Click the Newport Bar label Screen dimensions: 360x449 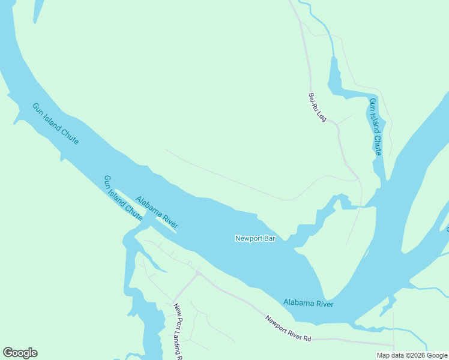point(255,238)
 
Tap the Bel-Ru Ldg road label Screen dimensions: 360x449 point(317,107)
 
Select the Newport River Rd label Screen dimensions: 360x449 point(288,329)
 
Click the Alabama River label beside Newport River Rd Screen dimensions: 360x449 point(308,303)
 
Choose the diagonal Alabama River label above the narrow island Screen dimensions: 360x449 point(157,212)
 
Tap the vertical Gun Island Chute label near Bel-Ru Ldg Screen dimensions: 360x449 point(375,127)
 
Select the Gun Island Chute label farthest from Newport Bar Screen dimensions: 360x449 point(55,124)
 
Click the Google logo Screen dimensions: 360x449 point(20,353)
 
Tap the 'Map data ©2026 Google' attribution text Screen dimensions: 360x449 point(411,355)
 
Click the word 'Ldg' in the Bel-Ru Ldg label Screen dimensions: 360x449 point(321,116)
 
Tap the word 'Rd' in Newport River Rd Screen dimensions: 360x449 point(307,338)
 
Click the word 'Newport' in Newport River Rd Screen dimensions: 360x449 point(276,323)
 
